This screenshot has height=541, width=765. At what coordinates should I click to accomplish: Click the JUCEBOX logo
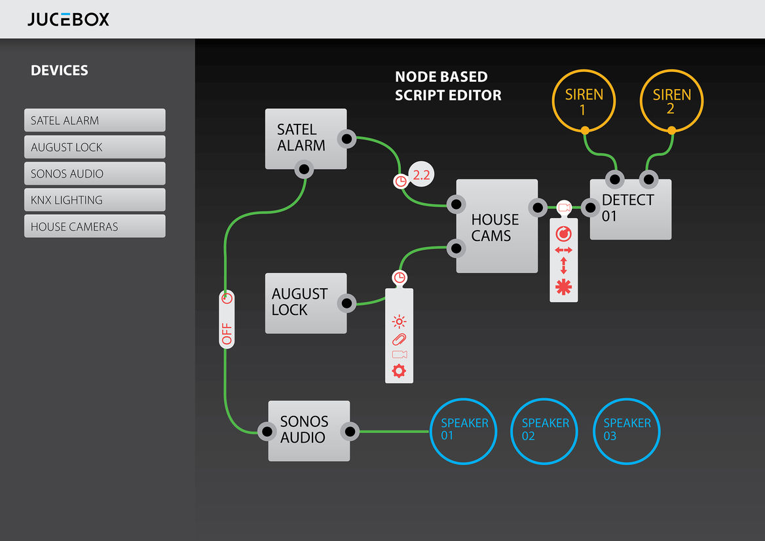(x=68, y=19)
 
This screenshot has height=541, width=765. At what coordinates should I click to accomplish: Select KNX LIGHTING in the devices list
(x=95, y=200)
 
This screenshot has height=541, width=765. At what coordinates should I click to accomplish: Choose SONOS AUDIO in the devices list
(x=95, y=174)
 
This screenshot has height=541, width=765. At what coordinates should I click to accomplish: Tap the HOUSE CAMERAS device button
(x=95, y=227)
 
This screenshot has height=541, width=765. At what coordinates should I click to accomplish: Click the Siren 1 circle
(x=584, y=70)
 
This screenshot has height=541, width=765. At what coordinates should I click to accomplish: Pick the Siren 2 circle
(x=671, y=70)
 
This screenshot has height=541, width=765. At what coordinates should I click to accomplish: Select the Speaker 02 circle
(x=544, y=400)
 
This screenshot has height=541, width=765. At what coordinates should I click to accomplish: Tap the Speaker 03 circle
(x=626, y=400)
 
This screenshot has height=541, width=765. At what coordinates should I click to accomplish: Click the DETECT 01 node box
(x=630, y=210)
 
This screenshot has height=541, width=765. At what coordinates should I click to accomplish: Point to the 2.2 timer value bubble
(x=421, y=175)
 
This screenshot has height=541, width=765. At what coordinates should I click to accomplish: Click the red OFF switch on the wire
(x=227, y=319)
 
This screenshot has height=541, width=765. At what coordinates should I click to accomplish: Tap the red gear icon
(x=399, y=371)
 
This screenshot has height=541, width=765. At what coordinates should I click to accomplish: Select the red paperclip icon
(x=399, y=339)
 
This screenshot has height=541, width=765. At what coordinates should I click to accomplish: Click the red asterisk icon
(x=563, y=287)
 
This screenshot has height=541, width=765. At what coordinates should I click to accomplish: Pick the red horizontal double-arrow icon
(x=563, y=250)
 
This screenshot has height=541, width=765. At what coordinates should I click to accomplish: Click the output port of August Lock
(x=347, y=303)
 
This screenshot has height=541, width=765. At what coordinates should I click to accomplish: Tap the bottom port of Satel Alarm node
(x=304, y=169)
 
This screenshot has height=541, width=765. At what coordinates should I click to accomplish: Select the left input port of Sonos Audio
(x=267, y=431)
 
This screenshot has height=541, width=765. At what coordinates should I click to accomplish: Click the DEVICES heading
(x=60, y=70)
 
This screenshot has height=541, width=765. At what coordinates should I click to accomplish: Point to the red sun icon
(x=399, y=322)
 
